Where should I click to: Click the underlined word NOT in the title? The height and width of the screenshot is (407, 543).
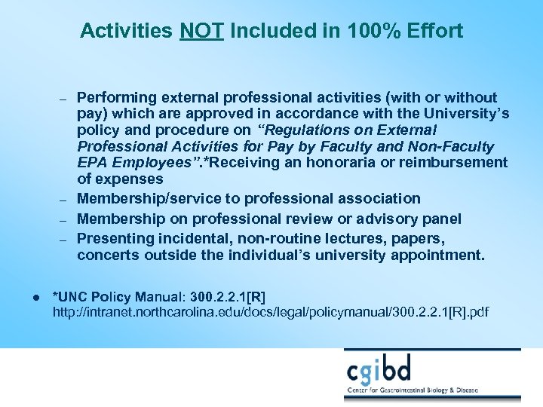click(201, 31)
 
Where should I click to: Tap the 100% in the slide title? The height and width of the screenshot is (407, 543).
click(366, 31)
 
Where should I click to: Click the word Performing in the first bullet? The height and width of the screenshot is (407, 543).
click(115, 97)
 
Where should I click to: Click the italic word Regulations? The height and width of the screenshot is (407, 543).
click(306, 130)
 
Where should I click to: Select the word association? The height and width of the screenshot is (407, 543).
click(377, 199)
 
